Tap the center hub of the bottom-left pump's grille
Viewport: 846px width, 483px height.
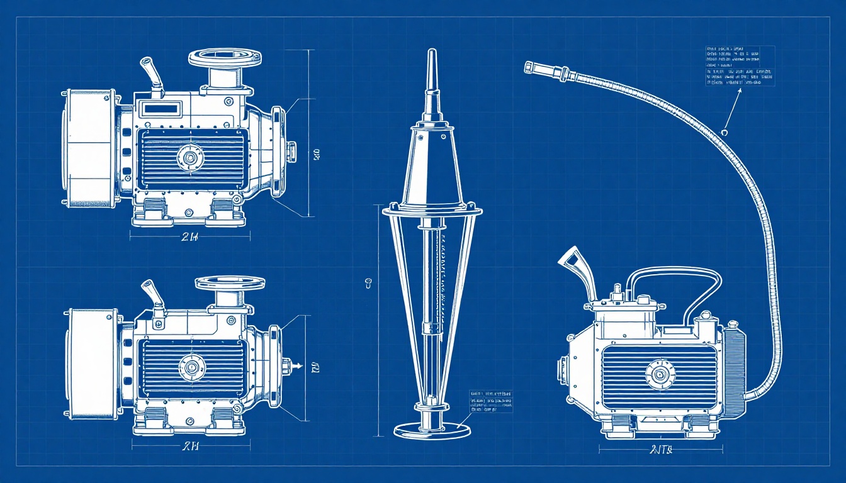coord(190,365)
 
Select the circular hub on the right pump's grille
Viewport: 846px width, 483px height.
coord(659,374)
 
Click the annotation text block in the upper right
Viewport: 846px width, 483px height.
coord(739,65)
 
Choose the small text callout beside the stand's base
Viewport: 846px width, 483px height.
coord(491,402)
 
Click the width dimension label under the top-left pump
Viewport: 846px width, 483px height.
coord(190,237)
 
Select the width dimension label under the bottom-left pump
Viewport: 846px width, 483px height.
coord(191,447)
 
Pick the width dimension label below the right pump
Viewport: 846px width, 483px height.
coord(660,450)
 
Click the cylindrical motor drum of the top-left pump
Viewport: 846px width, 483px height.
coord(89,148)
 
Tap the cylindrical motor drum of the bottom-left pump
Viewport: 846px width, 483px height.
coord(93,365)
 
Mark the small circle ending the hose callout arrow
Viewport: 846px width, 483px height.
coord(725,132)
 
